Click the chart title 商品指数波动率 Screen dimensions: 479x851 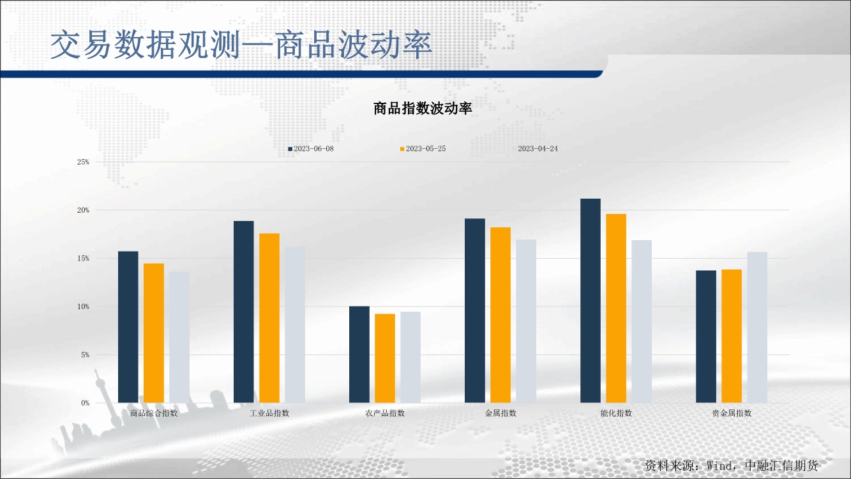[x=423, y=109]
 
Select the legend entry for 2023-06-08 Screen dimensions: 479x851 [x=311, y=149]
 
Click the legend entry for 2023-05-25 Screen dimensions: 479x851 [x=423, y=149]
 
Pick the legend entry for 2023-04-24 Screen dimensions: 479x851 [x=537, y=149]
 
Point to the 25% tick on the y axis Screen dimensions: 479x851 [x=83, y=162]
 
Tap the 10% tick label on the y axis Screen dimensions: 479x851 [x=83, y=307]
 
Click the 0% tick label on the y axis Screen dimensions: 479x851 [x=85, y=403]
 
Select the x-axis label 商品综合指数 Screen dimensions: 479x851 [x=154, y=413]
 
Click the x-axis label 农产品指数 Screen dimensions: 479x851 [x=385, y=413]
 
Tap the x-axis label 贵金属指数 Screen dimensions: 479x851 [x=732, y=413]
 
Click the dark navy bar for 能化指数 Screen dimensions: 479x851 [x=591, y=301]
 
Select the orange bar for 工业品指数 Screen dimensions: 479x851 [x=269, y=318]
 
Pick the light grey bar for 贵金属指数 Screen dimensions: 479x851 [x=757, y=328]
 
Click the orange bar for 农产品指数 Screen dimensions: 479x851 [x=385, y=358]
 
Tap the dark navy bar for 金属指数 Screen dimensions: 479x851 [x=475, y=311]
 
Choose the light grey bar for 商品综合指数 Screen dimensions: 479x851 [x=179, y=337]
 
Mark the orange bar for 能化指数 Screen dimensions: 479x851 [x=616, y=308]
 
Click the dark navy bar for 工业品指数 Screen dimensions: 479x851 [x=244, y=312]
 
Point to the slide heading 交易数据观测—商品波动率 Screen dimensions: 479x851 [x=242, y=45]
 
